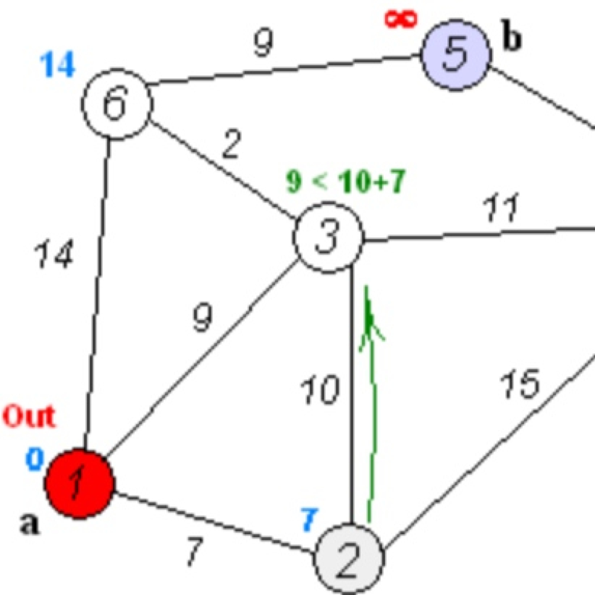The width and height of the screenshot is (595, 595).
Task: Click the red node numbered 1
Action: click(79, 483)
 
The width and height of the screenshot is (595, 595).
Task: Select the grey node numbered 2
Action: click(349, 558)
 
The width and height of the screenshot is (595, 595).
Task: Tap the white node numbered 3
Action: click(328, 238)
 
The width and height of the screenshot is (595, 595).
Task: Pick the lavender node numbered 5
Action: click(456, 55)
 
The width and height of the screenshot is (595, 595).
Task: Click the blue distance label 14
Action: click(57, 65)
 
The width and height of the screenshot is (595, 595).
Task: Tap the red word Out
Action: click(29, 416)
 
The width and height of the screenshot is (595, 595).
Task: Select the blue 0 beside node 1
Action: click(35, 459)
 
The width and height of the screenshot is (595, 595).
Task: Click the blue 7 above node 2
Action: click(309, 519)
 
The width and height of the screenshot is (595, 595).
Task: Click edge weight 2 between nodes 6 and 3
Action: click(232, 145)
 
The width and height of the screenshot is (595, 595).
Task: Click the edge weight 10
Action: click(320, 390)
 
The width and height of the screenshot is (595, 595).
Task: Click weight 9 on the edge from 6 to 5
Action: click(263, 42)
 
